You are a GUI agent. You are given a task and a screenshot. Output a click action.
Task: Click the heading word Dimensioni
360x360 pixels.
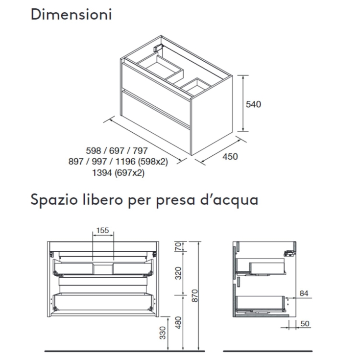[71, 14]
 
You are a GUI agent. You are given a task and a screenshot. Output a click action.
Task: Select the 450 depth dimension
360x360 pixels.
[230, 156]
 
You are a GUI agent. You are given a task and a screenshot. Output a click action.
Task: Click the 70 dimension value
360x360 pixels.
[178, 246]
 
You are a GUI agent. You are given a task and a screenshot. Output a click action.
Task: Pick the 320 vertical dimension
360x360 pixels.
[178, 272]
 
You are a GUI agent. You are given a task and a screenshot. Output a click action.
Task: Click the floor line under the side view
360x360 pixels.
[267, 351]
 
